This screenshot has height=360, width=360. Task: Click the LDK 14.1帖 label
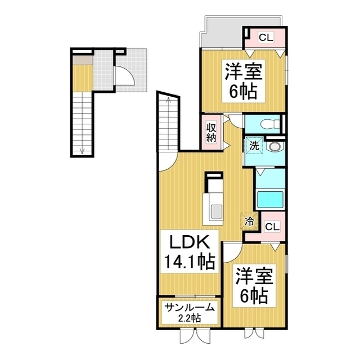point(190,251)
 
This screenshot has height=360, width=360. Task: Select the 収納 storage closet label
point(211,133)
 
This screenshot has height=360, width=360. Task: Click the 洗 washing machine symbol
point(254,146)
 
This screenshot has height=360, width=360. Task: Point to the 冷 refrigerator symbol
point(249,221)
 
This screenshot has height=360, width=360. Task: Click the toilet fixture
point(270,124)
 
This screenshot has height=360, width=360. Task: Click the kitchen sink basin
point(216,211)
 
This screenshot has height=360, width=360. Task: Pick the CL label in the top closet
point(266,37)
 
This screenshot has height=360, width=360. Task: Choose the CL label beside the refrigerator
point(272,227)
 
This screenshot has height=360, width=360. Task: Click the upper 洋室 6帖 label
point(244,81)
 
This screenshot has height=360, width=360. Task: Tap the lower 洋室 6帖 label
point(254,285)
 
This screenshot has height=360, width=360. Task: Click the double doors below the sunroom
point(195,336)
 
